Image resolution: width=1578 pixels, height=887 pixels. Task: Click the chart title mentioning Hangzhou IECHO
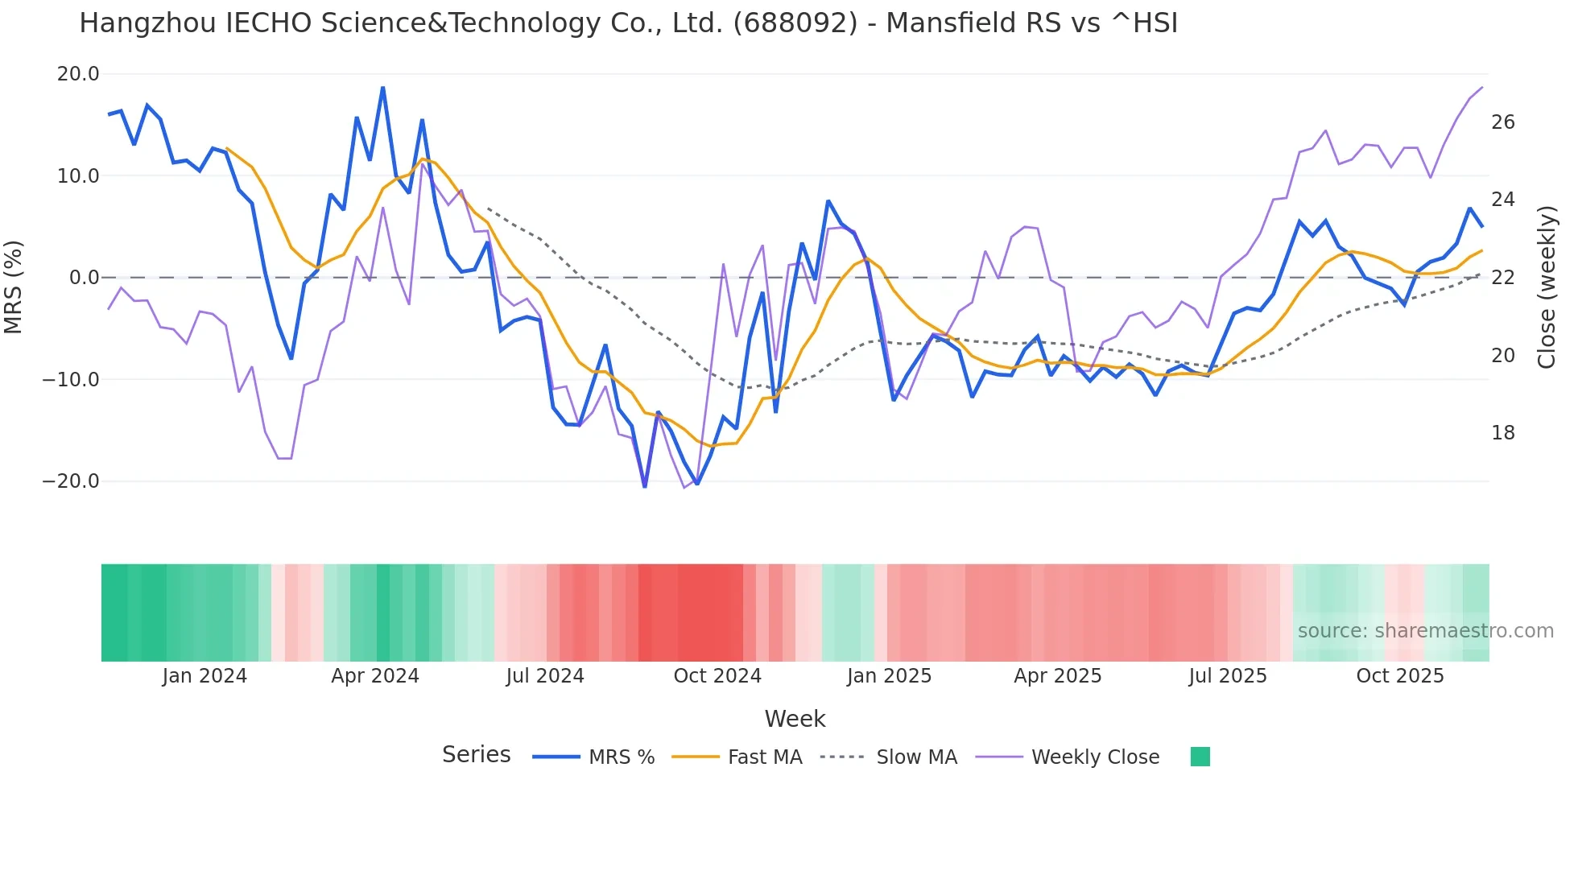628,23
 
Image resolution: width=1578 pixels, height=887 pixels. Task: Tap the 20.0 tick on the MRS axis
77,74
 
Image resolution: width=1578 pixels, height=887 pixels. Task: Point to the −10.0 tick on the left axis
71,379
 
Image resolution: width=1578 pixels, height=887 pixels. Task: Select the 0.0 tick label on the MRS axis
84,278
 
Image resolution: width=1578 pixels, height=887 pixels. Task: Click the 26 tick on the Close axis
1503,122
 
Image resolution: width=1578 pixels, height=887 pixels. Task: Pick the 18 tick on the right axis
1503,433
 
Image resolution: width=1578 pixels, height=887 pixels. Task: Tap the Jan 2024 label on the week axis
204,676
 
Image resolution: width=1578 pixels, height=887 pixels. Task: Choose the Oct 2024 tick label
717,676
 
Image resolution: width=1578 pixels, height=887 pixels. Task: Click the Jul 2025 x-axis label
1228,676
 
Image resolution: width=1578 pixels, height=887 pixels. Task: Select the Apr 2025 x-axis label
1057,676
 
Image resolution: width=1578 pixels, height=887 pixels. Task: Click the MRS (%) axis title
14,287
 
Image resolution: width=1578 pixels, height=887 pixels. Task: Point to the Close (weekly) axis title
1547,287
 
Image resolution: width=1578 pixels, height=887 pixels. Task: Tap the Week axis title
795,719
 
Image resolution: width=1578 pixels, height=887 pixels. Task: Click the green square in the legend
1200,757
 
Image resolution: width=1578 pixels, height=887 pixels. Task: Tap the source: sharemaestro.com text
1425,631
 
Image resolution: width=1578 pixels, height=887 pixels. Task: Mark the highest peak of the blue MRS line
383,87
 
